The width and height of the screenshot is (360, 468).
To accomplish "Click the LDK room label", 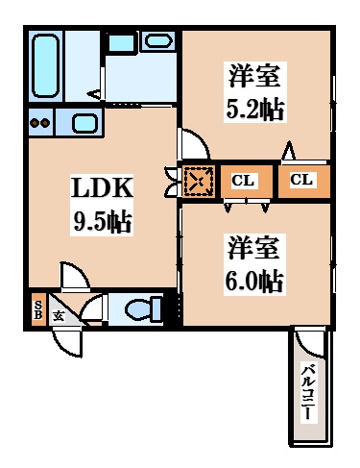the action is (x=102, y=187).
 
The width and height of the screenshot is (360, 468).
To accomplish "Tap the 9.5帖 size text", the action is (x=103, y=221).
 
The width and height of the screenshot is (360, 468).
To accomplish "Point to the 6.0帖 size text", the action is (x=254, y=281).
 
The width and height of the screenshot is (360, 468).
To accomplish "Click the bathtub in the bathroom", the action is (x=45, y=65).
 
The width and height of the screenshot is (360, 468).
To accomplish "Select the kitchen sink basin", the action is (x=84, y=123).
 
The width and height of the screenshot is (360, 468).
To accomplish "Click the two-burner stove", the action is (x=40, y=123).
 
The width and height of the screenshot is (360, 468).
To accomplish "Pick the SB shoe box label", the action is (x=38, y=309).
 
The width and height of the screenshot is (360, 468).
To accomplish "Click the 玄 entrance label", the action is (x=59, y=316).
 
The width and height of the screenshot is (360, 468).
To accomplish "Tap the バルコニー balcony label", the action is (x=309, y=391).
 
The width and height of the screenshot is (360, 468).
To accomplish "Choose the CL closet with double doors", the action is (x=247, y=182).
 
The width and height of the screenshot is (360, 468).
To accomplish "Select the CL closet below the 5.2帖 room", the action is (x=304, y=180).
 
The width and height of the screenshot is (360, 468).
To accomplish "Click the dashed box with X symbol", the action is (x=199, y=182).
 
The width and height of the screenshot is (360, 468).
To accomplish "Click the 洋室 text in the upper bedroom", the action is (x=254, y=76).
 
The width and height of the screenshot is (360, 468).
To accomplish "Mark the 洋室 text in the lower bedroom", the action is (x=253, y=247).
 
